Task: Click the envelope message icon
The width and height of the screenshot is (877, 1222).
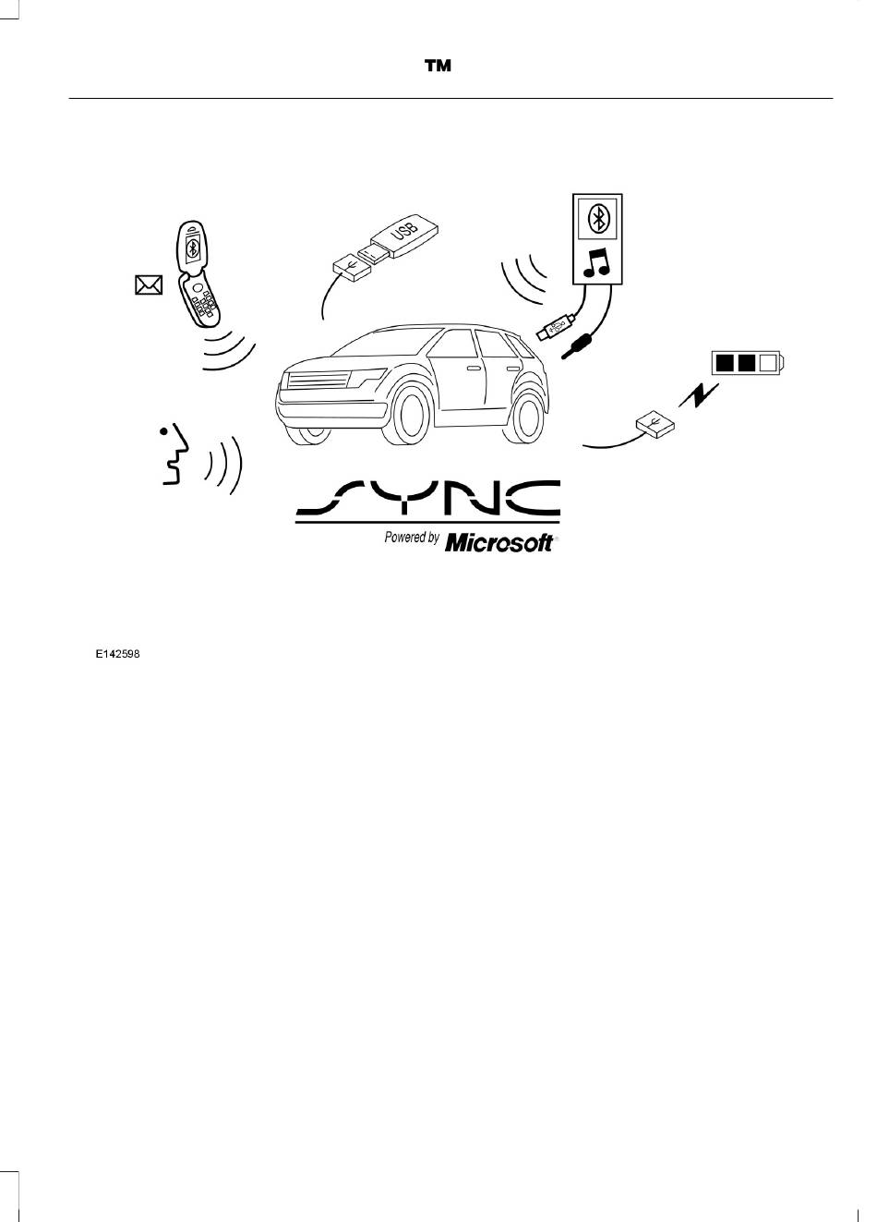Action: [149, 284]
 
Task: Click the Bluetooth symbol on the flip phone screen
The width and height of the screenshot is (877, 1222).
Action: [191, 249]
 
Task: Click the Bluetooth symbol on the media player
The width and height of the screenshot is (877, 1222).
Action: [597, 219]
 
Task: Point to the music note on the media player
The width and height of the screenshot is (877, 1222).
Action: [595, 262]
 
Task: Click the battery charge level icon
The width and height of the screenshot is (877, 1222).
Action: [748, 363]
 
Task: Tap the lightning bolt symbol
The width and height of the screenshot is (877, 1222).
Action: [699, 395]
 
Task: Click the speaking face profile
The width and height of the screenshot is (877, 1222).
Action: [175, 454]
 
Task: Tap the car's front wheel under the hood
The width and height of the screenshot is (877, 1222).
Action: [406, 416]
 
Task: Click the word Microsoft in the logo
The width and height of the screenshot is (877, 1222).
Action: [499, 543]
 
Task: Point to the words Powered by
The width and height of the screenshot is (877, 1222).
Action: [412, 538]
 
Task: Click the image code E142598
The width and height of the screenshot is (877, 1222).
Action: [118, 654]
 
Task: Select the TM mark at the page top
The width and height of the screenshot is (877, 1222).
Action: [438, 66]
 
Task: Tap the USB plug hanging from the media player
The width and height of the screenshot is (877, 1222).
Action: [555, 329]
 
